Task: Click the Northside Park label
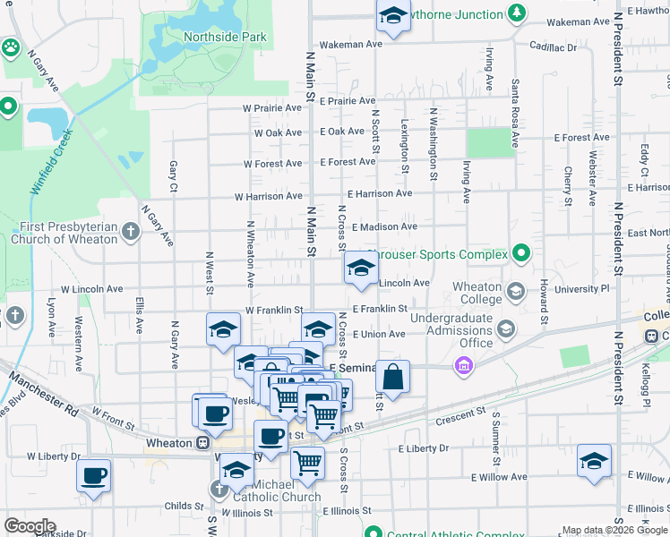tap(225, 38)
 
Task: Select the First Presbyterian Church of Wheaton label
tap(64, 233)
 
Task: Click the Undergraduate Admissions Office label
tap(452, 330)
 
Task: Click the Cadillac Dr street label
tap(553, 47)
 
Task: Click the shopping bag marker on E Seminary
tap(392, 377)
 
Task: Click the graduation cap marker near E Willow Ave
tap(594, 460)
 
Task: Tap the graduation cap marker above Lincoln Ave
tap(361, 268)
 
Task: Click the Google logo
tap(30, 526)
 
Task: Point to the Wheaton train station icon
tap(203, 442)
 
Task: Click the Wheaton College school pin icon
tap(516, 292)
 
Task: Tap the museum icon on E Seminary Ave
tap(463, 367)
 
